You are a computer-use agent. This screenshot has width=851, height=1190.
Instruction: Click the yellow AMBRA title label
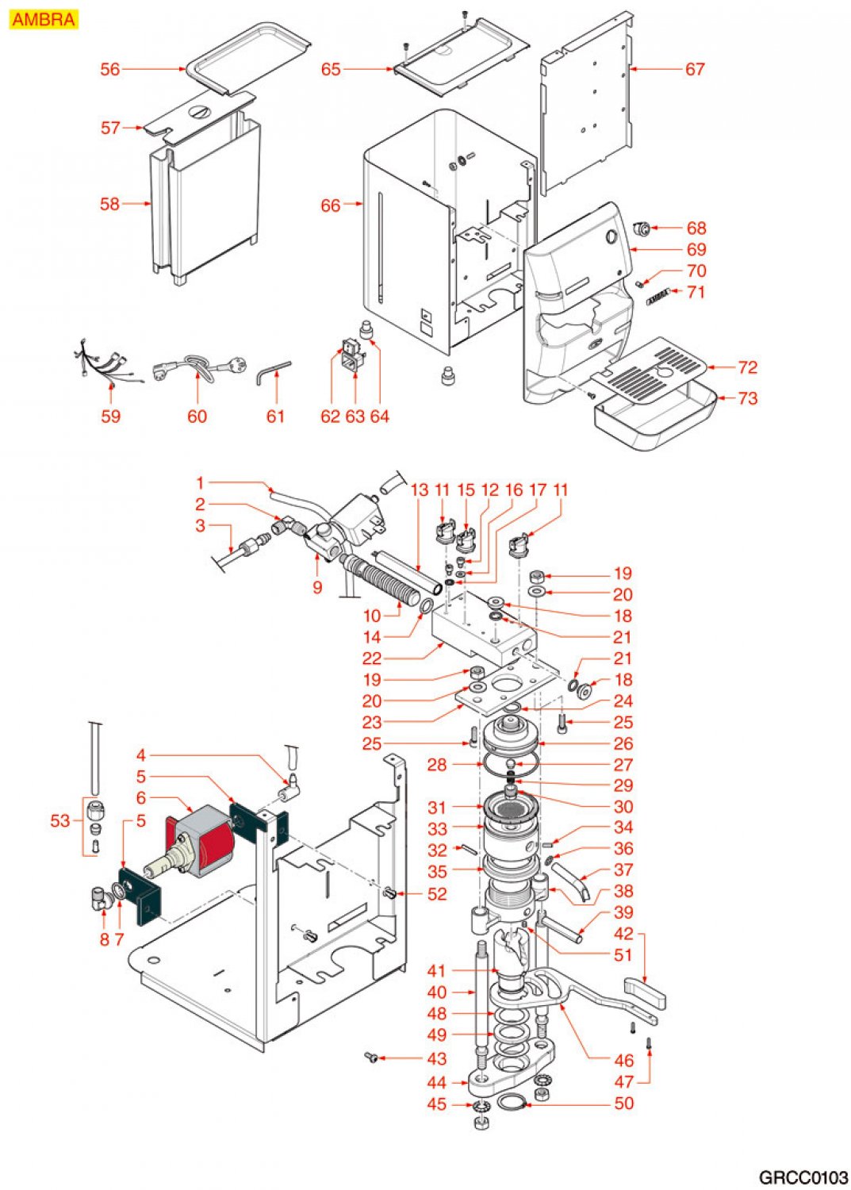tap(44, 19)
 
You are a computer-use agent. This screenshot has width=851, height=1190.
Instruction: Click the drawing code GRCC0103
tap(802, 1177)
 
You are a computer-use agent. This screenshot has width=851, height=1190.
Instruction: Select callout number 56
tap(110, 70)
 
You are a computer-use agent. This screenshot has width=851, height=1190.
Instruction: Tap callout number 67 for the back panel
tap(695, 70)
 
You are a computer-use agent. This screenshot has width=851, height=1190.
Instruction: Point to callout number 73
tap(747, 398)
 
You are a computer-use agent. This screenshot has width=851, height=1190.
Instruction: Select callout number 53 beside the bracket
tap(60, 820)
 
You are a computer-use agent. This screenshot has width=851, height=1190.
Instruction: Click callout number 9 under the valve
tap(317, 587)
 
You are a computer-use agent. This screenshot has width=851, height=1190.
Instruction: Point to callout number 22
tap(372, 658)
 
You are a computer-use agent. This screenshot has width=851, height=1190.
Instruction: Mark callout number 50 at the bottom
tap(624, 1104)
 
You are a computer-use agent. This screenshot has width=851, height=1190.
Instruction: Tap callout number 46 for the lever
tap(624, 1060)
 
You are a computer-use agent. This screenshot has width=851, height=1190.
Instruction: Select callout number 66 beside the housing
tap(331, 205)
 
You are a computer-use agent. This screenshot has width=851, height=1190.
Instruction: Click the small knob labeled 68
tap(642, 229)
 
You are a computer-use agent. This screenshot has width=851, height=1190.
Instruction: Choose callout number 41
tap(437, 970)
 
